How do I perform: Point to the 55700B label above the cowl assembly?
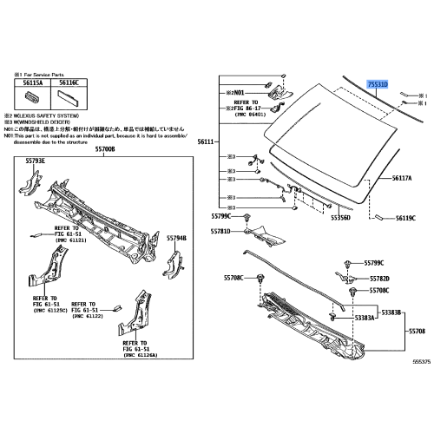coord(103,149)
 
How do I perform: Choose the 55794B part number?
coord(177,236)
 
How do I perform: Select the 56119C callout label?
coord(406,219)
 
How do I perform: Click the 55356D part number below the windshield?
coord(339,220)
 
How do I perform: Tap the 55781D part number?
coord(221,232)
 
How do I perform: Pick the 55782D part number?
coord(379,279)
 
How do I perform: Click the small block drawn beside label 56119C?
coord(379,214)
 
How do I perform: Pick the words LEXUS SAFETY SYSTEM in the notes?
coord(45,115)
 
